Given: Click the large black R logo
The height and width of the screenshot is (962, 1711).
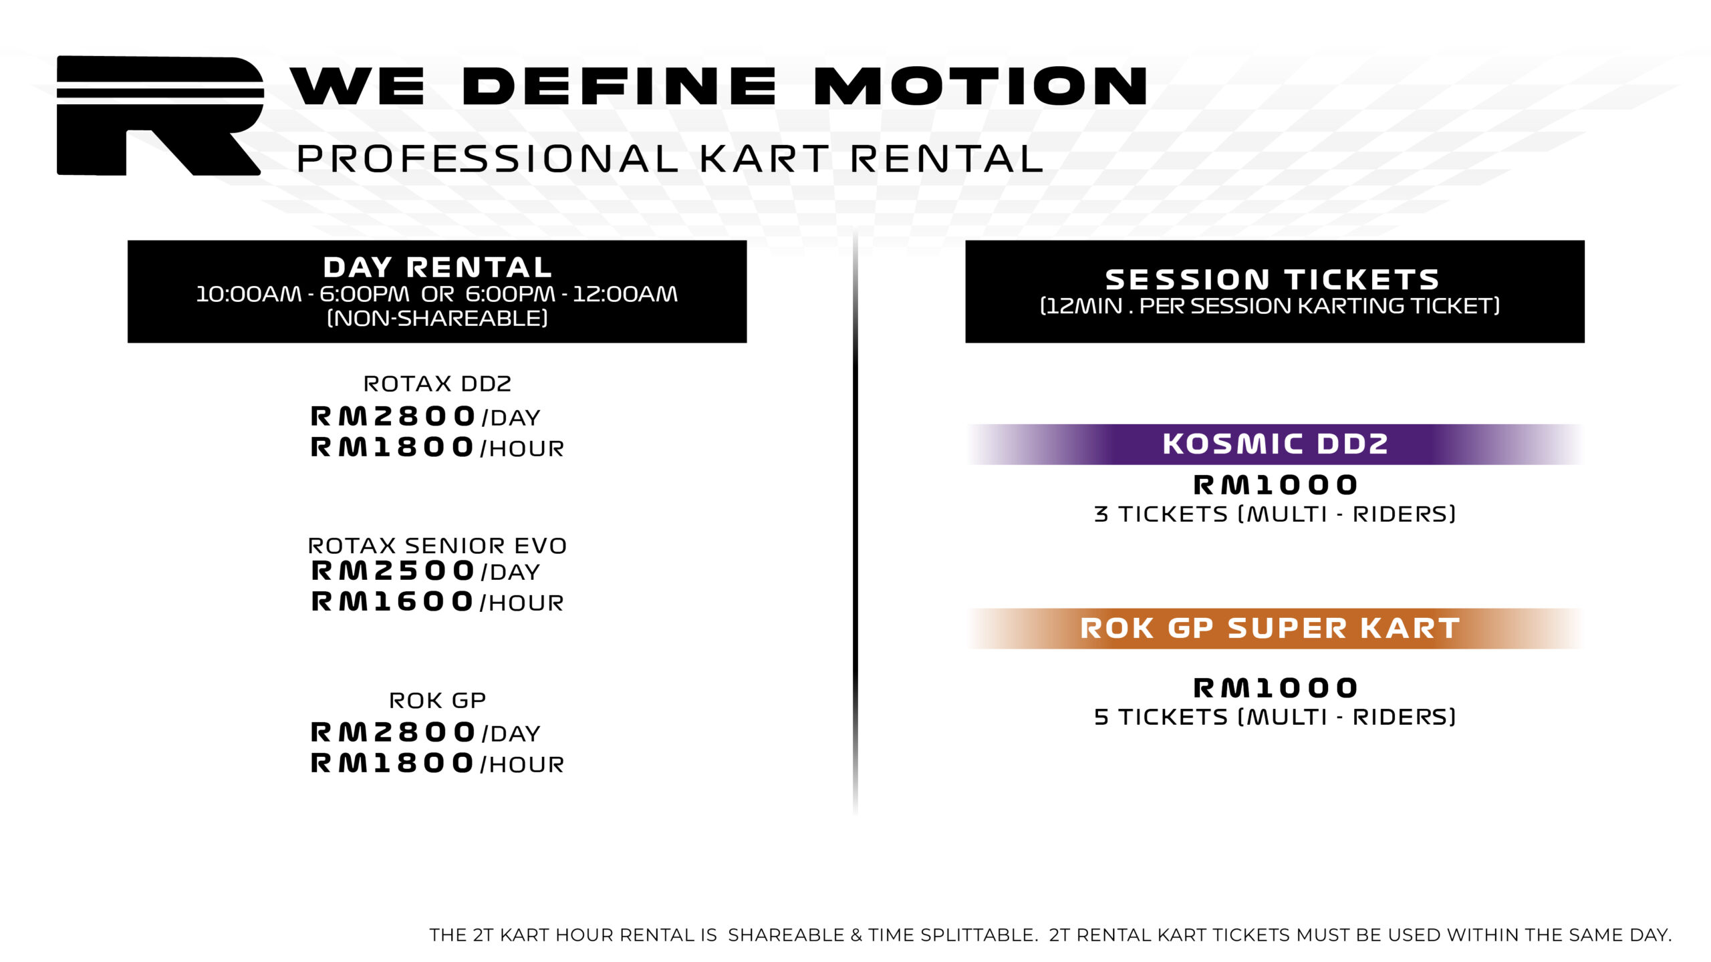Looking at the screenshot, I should tap(158, 115).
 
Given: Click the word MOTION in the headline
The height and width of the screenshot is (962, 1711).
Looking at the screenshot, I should tap(980, 87).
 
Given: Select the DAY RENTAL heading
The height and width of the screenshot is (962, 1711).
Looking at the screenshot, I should tap(438, 267).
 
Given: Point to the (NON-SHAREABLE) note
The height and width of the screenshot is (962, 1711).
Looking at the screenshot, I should tap(438, 318).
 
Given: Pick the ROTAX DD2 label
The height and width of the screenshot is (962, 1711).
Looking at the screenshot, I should tap(437, 384).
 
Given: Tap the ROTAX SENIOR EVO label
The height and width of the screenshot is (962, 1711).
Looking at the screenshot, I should tap(437, 546).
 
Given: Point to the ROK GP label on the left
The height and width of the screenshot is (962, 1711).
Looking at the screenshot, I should tap(437, 701).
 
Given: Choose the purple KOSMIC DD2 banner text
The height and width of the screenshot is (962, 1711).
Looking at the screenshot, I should tap(1275, 444).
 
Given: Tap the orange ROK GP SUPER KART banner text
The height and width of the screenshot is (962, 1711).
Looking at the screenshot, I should tap(1270, 629).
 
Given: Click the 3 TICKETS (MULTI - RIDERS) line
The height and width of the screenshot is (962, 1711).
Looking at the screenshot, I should tap(1275, 514).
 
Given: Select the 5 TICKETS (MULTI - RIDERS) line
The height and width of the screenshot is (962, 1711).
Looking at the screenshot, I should tap(1275, 717).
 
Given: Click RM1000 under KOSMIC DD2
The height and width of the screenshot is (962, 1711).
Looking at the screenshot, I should tap(1275, 485).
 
